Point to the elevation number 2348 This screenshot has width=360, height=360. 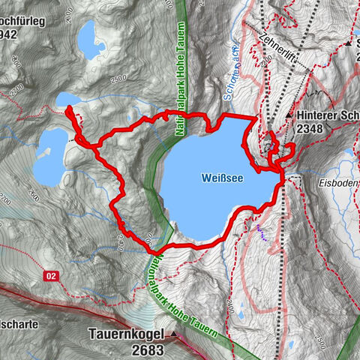pos(313,129)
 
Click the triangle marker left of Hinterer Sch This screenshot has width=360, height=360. pos(289,115)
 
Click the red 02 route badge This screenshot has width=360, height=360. pos(52,276)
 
